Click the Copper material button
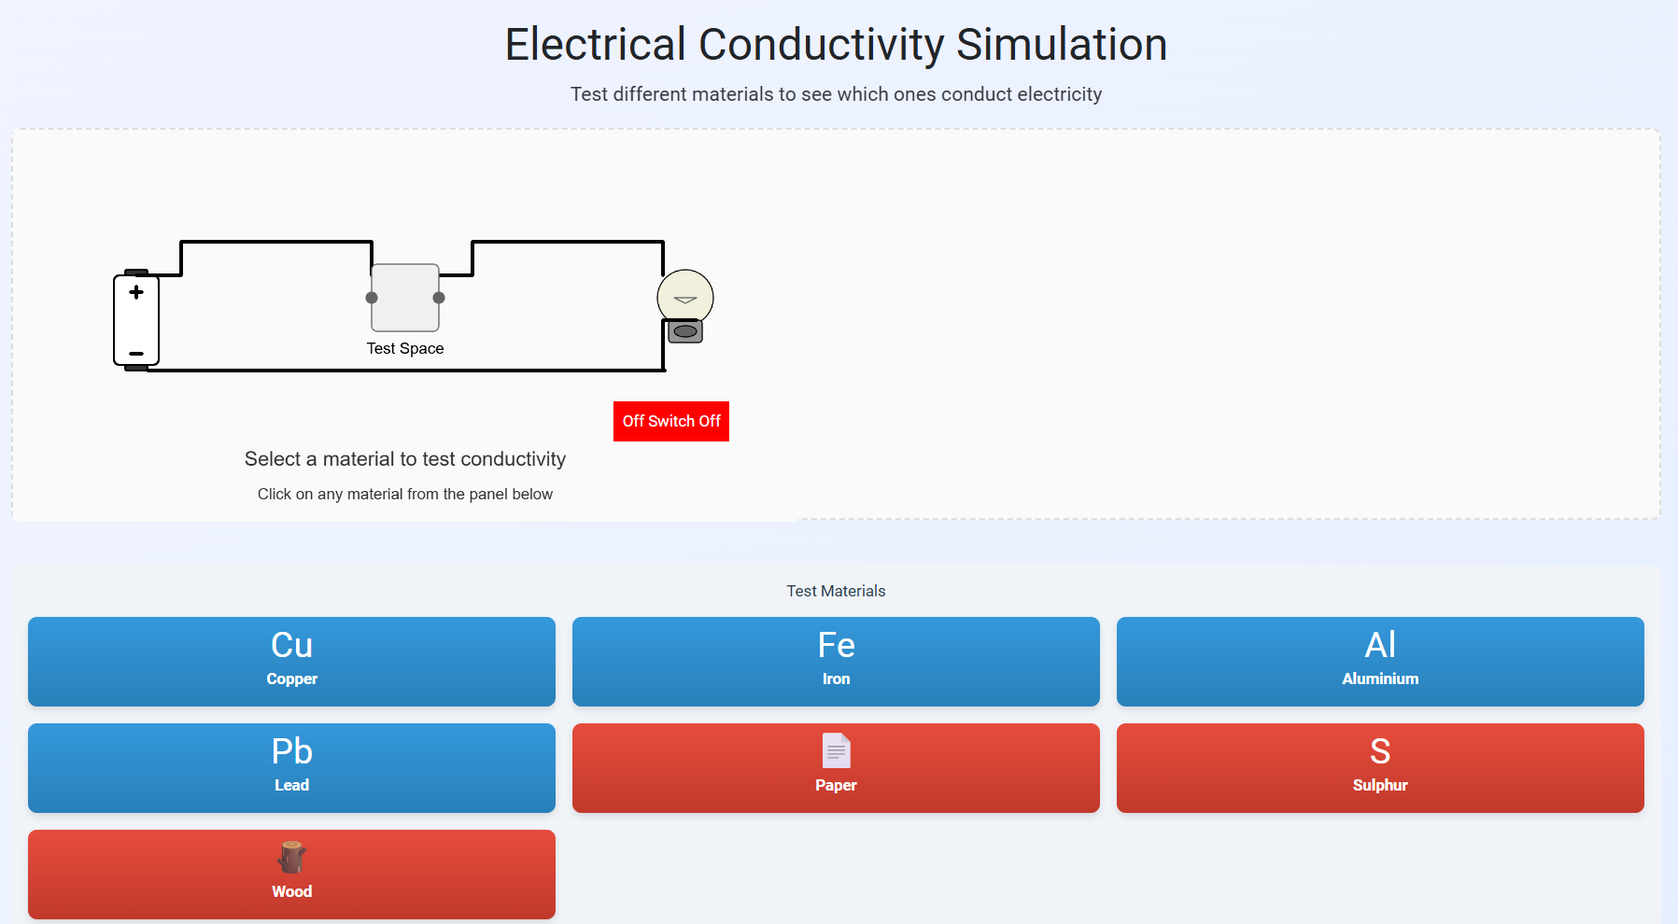click(291, 661)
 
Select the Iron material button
click(836, 661)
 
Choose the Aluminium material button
click(1380, 661)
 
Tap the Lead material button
click(291, 767)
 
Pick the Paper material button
click(836, 767)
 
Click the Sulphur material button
click(1380, 767)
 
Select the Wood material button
click(291, 874)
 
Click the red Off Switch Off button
click(670, 421)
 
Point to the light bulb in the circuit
click(685, 298)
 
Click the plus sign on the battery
click(136, 292)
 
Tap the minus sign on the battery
click(136, 354)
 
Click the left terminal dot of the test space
click(372, 298)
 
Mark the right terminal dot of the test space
click(439, 298)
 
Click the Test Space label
click(405, 348)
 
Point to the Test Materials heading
click(836, 591)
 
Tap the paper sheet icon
click(836, 750)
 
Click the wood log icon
click(292, 856)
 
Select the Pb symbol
click(291, 751)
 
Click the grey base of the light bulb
click(685, 331)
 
